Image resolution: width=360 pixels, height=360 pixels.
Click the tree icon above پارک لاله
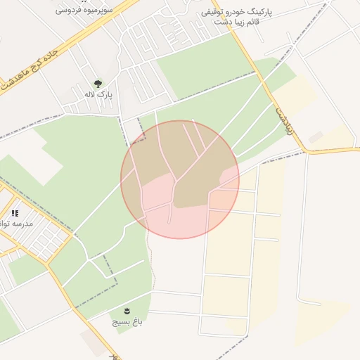pos(97,83)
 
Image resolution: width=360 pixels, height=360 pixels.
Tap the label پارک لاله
pos(98,94)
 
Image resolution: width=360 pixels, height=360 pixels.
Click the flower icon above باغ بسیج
pos(127,310)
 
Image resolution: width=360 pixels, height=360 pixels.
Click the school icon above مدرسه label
pos(15,212)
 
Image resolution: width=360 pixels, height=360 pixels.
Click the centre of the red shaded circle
pos(180,180)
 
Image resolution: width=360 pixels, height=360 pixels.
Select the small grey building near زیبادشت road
pos(316,137)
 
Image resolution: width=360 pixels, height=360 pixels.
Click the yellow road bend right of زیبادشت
pos(307,150)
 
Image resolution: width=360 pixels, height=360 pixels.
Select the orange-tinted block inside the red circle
pos(220,199)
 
